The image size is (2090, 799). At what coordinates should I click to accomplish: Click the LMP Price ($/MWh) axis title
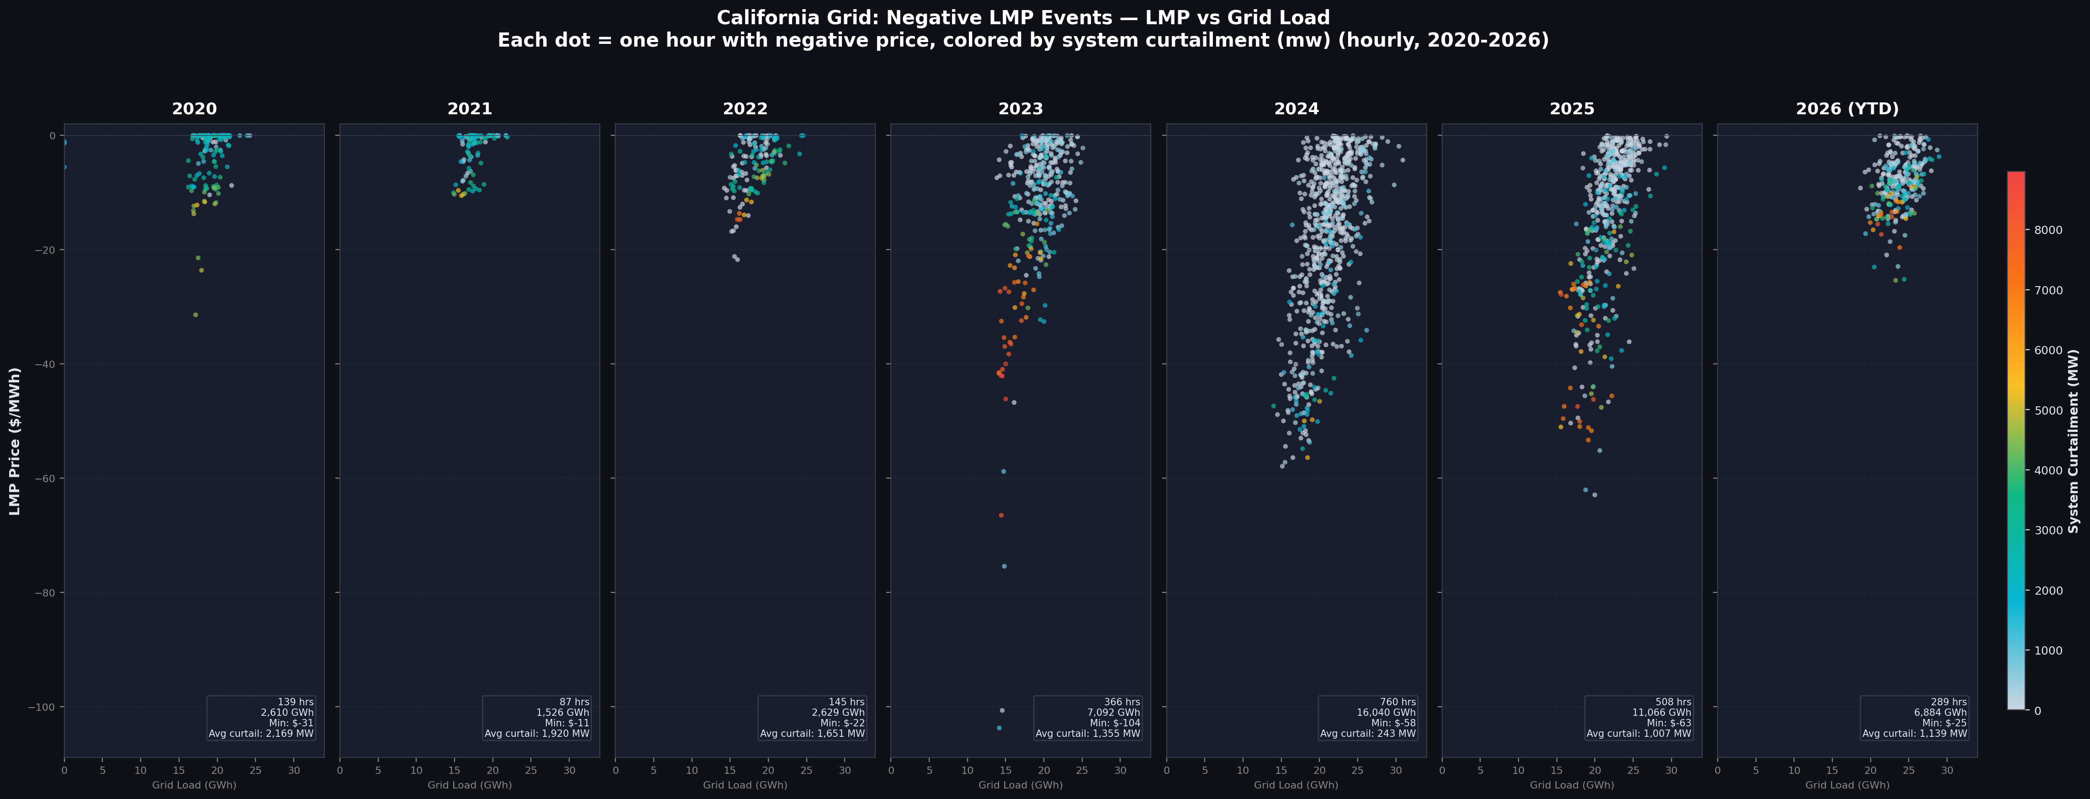click(15, 441)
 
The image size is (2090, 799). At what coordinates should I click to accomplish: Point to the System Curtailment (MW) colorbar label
click(2073, 441)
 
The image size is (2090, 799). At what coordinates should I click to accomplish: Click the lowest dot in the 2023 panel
click(999, 728)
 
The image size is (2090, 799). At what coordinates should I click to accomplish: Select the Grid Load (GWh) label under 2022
click(745, 785)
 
